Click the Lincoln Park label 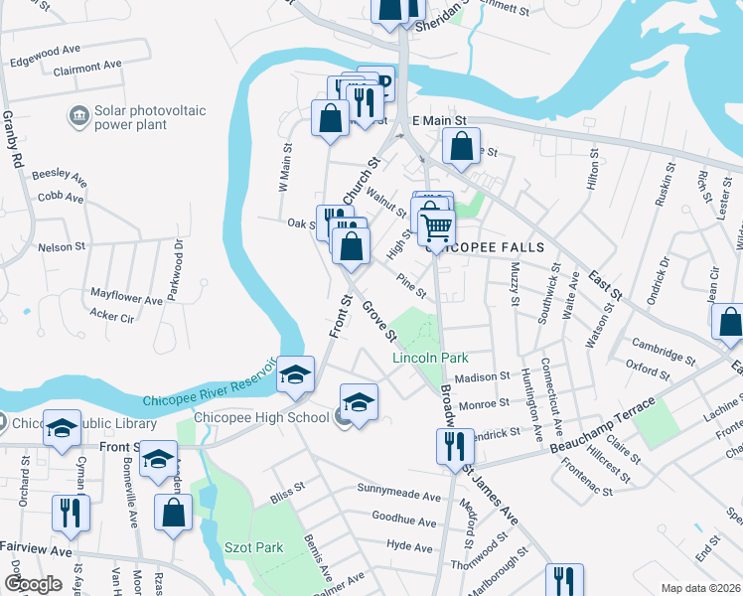[x=430, y=358]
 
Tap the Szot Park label [x=253, y=547]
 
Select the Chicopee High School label [x=261, y=417]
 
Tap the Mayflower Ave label [x=126, y=298]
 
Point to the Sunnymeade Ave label [x=398, y=496]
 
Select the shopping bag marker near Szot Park [x=174, y=513]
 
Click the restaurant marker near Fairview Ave [x=72, y=513]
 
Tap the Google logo [x=34, y=583]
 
